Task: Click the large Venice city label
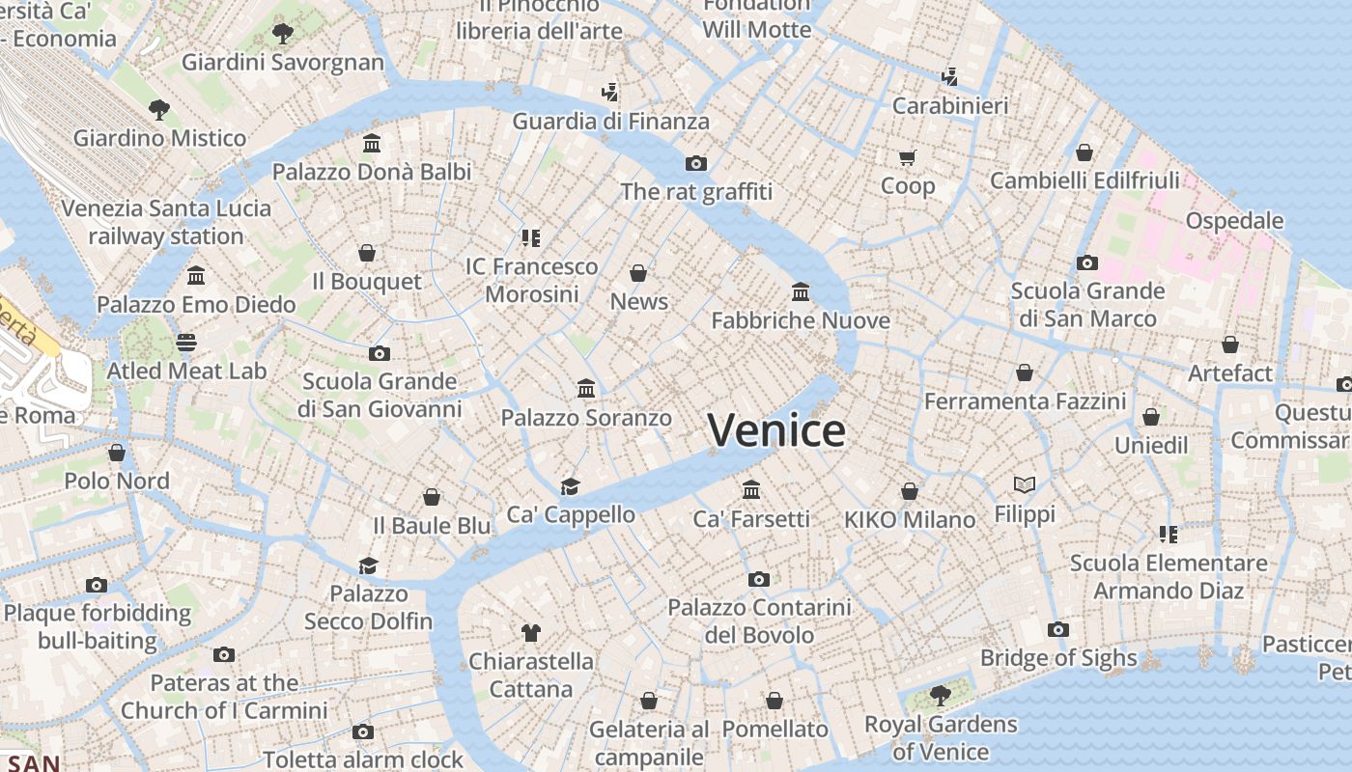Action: (776, 430)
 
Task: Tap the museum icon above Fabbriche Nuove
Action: (801, 291)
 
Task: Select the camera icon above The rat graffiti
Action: (696, 163)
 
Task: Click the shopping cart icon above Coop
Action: (907, 157)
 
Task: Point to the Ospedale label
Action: (1234, 221)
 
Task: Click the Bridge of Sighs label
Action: (1058, 658)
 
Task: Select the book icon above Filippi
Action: (1025, 484)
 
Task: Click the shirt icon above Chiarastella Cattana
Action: (530, 633)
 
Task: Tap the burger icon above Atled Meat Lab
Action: (186, 343)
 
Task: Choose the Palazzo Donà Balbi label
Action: (372, 172)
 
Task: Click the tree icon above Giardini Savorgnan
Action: (283, 34)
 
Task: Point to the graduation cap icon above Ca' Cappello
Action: (571, 486)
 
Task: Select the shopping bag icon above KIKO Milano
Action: (910, 491)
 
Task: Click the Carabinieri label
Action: (950, 106)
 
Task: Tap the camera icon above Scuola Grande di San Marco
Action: (1087, 262)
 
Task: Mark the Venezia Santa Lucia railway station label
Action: (166, 222)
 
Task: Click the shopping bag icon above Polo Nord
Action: (117, 453)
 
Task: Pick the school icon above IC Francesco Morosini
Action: (530, 237)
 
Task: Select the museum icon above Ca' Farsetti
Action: (751, 490)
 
